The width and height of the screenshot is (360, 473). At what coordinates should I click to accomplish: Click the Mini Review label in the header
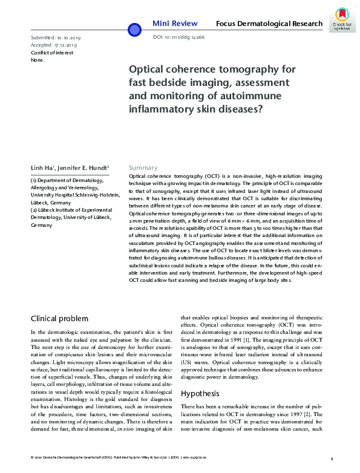click(x=174, y=24)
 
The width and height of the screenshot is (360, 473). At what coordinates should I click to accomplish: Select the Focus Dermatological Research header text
click(x=269, y=24)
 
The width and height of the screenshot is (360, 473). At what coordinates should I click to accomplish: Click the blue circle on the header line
click(x=134, y=28)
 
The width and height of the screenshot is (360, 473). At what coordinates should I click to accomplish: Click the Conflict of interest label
click(x=52, y=53)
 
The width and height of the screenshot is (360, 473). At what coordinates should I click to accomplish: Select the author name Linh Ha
click(x=43, y=168)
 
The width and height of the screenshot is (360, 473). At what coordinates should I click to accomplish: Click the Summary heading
click(x=143, y=168)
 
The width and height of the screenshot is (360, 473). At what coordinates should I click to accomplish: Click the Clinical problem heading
click(x=59, y=319)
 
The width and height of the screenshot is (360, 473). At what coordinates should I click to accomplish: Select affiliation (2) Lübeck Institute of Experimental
click(x=67, y=210)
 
